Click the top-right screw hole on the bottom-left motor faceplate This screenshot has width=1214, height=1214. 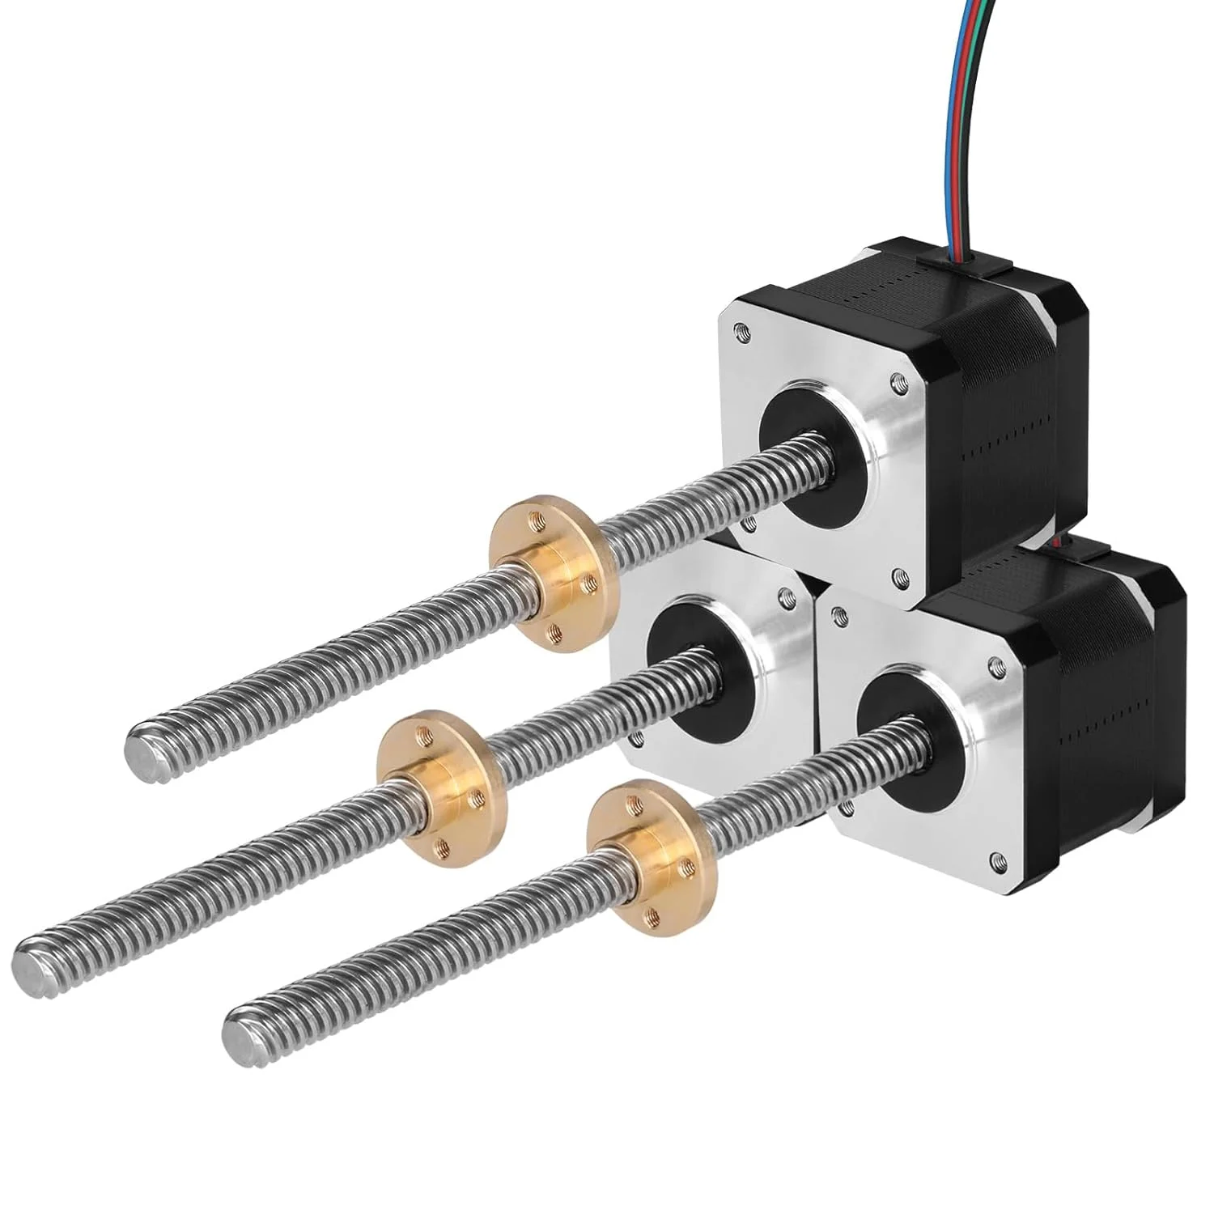[x=783, y=597]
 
